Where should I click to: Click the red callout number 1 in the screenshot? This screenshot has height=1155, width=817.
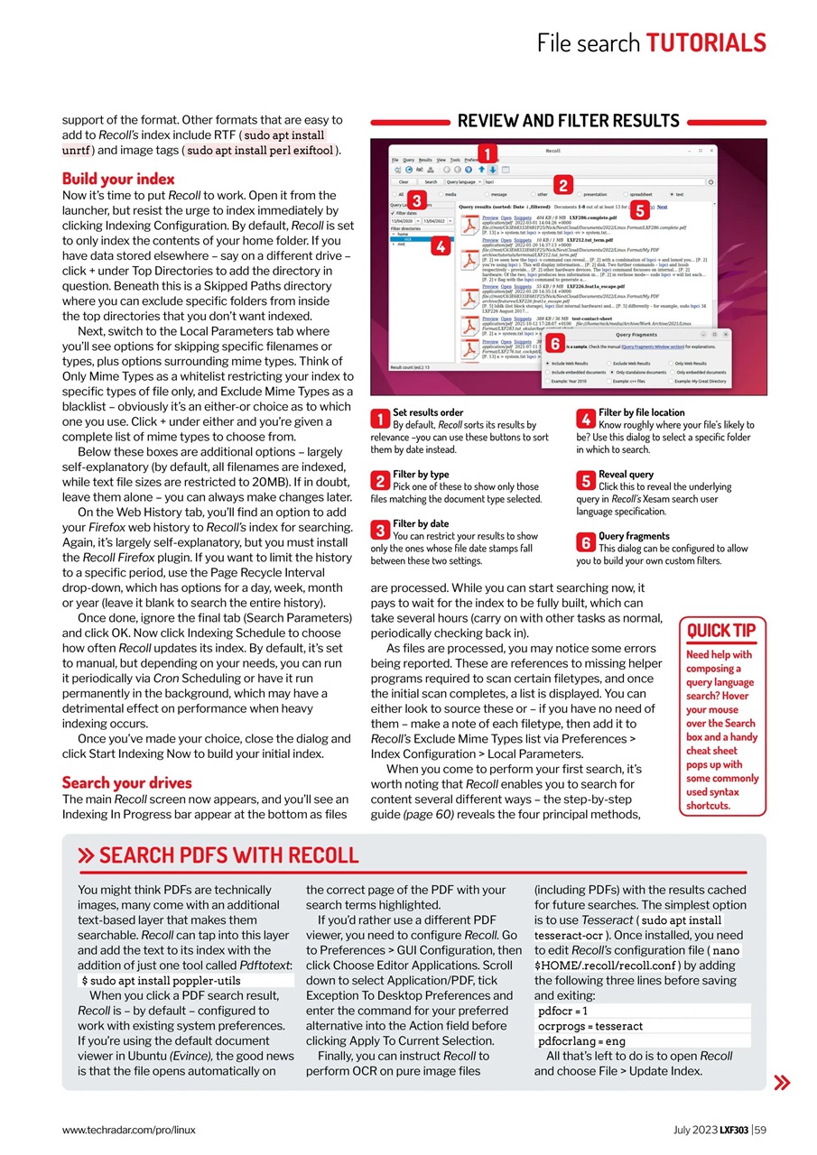click(486, 153)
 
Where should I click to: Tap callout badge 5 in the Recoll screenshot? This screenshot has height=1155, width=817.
click(639, 210)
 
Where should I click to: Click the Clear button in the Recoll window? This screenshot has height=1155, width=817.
click(404, 182)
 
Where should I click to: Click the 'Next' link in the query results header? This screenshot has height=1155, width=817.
click(662, 207)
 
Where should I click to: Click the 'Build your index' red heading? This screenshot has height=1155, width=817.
click(118, 179)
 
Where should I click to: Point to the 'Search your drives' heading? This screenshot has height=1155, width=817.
click(126, 782)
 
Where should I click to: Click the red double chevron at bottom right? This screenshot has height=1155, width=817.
click(782, 1083)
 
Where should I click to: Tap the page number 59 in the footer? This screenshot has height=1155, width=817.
click(759, 1130)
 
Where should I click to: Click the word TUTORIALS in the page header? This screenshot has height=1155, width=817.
click(706, 42)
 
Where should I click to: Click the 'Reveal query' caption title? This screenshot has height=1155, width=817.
click(626, 474)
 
